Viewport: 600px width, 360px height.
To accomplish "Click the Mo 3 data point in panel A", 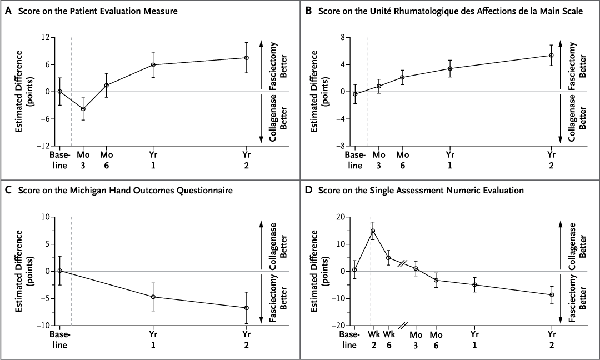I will pyautogui.click(x=83, y=109).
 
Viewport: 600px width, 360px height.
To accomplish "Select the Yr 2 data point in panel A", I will pyautogui.click(x=246, y=58).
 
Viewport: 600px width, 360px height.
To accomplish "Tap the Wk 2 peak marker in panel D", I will pyautogui.click(x=373, y=231).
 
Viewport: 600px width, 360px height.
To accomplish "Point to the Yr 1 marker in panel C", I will pyautogui.click(x=153, y=297).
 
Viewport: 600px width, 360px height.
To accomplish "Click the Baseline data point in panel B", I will pyautogui.click(x=355, y=94).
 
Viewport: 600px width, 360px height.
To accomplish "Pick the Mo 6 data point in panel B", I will pyautogui.click(x=402, y=77).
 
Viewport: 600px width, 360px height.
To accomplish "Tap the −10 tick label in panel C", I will pyautogui.click(x=42, y=326).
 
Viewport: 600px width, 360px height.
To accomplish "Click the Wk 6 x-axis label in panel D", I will pyautogui.click(x=389, y=340).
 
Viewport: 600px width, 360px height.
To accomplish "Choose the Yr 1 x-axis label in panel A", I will pyautogui.click(x=153, y=160).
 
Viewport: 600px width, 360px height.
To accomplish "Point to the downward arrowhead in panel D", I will pyautogui.click(x=560, y=322).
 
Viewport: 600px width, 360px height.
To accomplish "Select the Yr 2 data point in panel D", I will pyautogui.click(x=552, y=295).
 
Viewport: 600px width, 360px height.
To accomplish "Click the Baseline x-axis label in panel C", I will pyautogui.click(x=59, y=340).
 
